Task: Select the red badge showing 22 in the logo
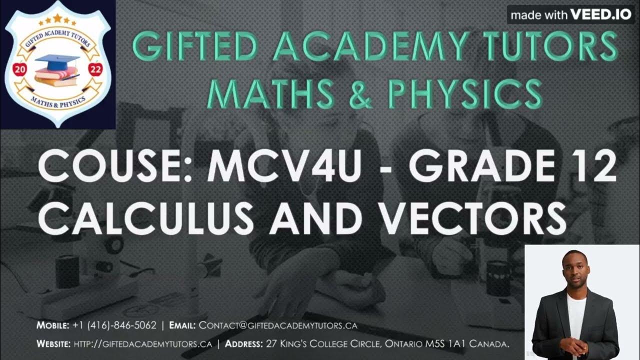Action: click(x=94, y=69)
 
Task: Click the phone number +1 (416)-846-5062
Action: click(x=114, y=325)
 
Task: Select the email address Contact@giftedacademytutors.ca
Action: click(x=278, y=325)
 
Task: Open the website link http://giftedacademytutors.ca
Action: click(x=143, y=344)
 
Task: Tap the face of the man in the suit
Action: click(x=574, y=267)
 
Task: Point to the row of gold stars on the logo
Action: click(x=57, y=19)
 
